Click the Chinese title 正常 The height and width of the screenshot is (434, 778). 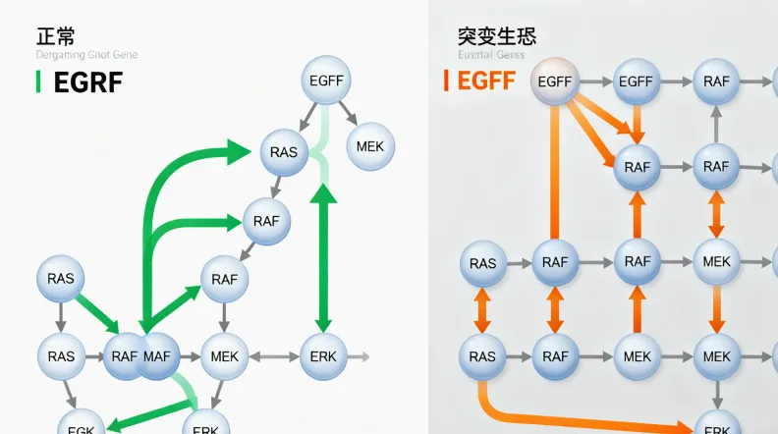(55, 36)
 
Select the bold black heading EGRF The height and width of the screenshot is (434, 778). (86, 82)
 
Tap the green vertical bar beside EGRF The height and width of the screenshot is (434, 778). (37, 82)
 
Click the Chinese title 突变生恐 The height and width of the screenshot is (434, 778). (497, 36)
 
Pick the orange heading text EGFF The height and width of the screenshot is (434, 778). (486, 81)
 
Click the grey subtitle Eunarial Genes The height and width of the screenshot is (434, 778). (491, 56)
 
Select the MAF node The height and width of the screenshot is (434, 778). (156, 355)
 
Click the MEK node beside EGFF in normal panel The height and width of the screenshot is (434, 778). (370, 146)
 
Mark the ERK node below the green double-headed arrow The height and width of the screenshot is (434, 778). (322, 355)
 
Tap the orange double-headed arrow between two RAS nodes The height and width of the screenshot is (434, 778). (482, 309)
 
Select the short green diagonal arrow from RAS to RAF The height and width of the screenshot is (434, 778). (97, 309)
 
